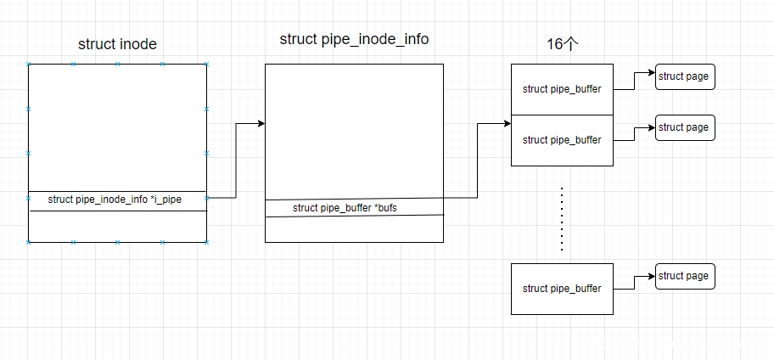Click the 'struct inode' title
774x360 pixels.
point(117,44)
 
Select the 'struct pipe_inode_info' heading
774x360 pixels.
point(354,40)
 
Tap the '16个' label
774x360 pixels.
point(562,44)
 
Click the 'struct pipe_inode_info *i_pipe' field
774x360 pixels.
point(115,200)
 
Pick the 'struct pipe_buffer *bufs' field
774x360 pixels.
point(345,208)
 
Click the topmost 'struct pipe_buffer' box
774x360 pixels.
point(562,89)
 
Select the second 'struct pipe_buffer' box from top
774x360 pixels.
point(562,140)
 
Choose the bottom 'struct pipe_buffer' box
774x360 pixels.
point(562,289)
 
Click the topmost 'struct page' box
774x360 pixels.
point(684,76)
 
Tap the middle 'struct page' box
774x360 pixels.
point(684,127)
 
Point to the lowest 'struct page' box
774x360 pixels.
point(684,276)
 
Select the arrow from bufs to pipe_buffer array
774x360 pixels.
point(478,161)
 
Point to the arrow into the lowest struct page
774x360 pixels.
point(632,282)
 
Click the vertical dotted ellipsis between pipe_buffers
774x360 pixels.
point(562,218)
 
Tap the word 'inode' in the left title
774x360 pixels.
point(138,44)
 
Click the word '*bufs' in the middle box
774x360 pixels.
point(384,208)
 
